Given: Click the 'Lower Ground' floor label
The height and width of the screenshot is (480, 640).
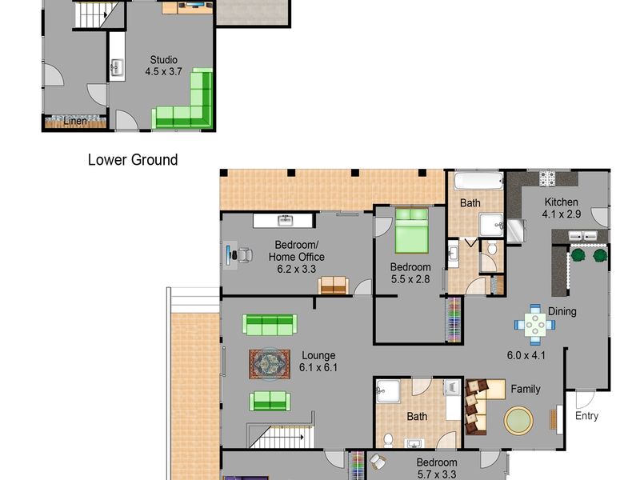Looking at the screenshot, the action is coord(133,159).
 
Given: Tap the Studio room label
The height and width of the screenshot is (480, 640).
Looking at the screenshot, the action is coord(164,59).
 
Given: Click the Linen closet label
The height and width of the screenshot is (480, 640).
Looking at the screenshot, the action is coord(75,121).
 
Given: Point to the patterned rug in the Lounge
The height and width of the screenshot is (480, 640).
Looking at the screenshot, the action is coord(270,364).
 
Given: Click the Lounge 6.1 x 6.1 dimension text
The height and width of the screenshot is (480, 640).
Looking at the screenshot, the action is coord(318,367).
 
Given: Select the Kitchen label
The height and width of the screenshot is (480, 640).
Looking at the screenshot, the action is coord(562,202).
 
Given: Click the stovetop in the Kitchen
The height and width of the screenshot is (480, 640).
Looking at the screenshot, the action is coord(547,178).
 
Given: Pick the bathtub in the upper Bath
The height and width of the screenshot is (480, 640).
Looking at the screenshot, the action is coord(478,181).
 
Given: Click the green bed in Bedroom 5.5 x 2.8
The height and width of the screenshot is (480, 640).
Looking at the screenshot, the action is coord(412,230).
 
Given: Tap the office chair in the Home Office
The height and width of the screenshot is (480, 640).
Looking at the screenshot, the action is coord(244,255).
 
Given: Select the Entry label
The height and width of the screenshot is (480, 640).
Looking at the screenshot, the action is coord(586,416).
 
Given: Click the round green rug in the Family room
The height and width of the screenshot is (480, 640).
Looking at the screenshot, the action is coord(518,420).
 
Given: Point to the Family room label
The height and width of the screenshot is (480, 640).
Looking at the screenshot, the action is coord(526,389).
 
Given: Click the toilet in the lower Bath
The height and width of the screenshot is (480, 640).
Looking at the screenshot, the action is coord(388,440).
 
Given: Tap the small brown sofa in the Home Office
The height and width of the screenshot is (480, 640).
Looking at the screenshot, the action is coord(334,286).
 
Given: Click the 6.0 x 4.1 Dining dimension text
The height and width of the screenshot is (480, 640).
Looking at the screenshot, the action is coord(526,355).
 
